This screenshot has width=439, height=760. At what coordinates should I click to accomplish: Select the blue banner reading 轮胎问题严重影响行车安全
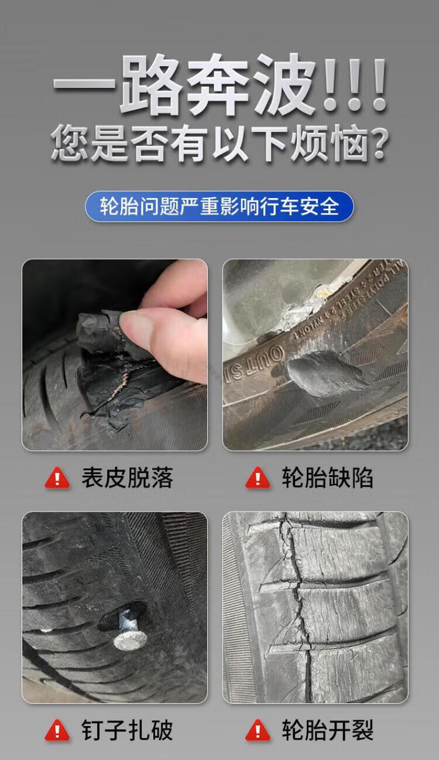pyautogui.click(x=220, y=206)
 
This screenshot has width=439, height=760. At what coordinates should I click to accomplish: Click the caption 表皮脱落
pyautogui.click(x=127, y=478)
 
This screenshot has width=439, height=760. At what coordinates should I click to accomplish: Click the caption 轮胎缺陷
pyautogui.click(x=327, y=478)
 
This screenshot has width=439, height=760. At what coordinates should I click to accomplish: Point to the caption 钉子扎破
pyautogui.click(x=127, y=730)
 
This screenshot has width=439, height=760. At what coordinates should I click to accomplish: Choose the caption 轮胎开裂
pyautogui.click(x=327, y=730)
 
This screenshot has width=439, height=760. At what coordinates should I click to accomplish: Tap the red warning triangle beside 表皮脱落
pyautogui.click(x=57, y=478)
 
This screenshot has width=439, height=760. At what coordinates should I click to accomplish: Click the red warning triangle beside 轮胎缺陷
pyautogui.click(x=258, y=478)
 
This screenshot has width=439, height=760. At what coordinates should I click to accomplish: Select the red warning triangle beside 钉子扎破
pyautogui.click(x=57, y=731)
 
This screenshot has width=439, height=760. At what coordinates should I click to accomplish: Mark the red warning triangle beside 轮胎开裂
pyautogui.click(x=258, y=731)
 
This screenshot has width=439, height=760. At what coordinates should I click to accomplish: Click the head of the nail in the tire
pyautogui.click(x=130, y=639)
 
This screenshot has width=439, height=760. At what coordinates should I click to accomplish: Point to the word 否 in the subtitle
pyautogui.click(x=151, y=143)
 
